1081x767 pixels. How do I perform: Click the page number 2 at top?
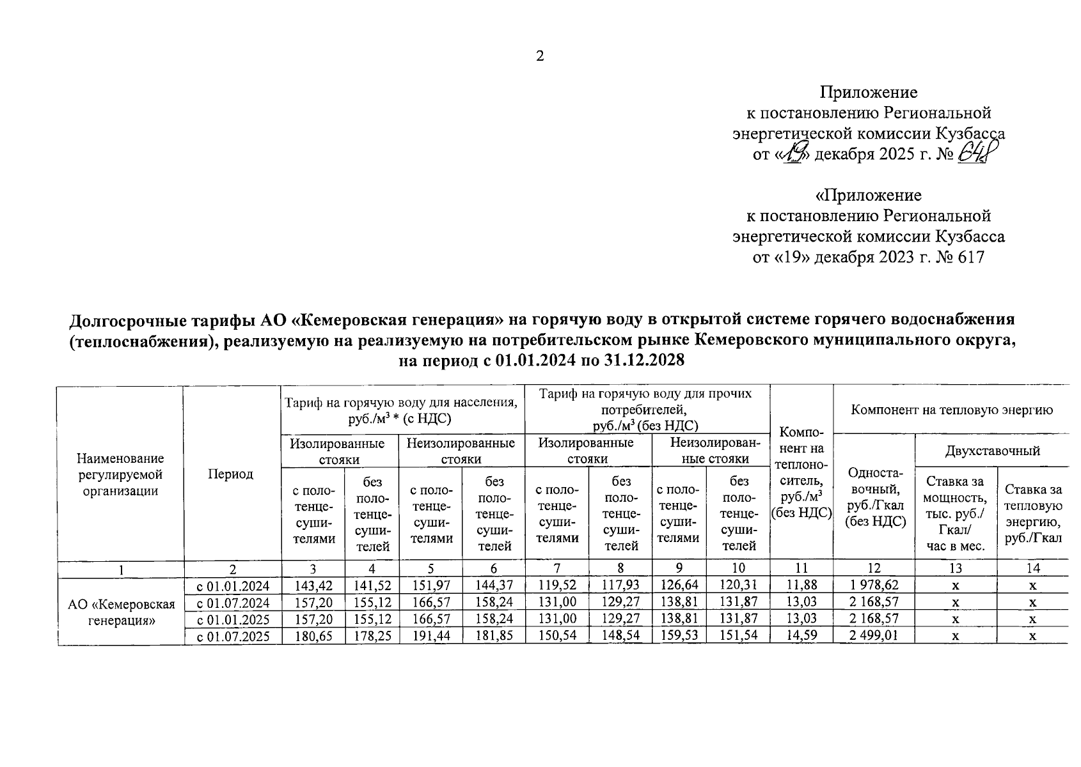(x=539, y=56)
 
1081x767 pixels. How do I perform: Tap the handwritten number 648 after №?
(x=979, y=154)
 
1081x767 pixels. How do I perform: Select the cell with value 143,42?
(x=313, y=585)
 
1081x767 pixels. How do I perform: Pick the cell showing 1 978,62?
(x=874, y=585)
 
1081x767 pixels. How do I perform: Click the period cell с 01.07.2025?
(x=233, y=636)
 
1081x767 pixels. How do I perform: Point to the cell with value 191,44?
(x=430, y=636)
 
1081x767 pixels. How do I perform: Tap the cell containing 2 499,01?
(x=874, y=636)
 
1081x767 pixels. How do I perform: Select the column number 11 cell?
(x=801, y=568)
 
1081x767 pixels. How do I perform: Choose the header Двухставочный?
(x=992, y=451)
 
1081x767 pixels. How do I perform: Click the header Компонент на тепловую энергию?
(x=952, y=410)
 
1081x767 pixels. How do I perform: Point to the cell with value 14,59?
(x=801, y=636)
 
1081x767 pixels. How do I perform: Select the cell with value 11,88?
(x=801, y=585)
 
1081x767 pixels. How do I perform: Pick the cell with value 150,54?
(x=556, y=636)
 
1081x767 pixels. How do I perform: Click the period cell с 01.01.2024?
(x=233, y=585)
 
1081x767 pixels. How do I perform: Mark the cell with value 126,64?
(x=679, y=585)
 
